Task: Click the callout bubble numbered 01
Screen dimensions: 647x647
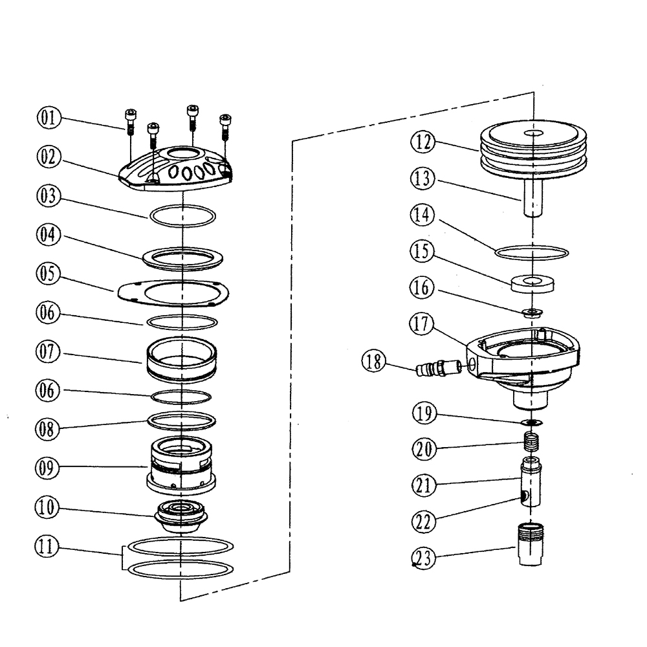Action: [x=48, y=118]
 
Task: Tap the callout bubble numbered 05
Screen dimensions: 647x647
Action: [x=48, y=274]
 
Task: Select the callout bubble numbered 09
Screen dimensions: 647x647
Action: [x=48, y=467]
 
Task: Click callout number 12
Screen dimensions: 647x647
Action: [x=423, y=141]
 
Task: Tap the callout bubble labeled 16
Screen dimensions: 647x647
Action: [x=423, y=287]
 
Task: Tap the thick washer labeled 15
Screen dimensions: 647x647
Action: [x=533, y=283]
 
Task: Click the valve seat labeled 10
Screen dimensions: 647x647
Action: [x=181, y=516]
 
